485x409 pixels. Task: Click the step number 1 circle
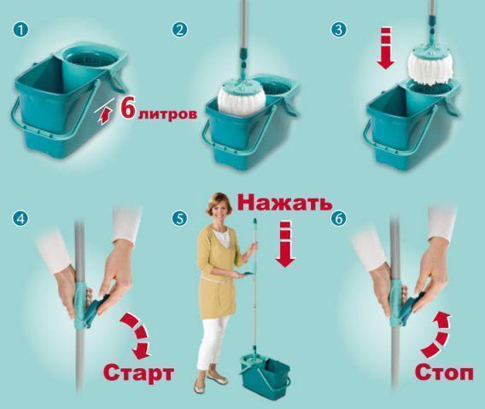(20, 31)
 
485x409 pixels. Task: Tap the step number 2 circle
(179, 31)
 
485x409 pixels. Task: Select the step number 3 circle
(338, 31)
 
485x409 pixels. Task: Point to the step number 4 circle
(20, 219)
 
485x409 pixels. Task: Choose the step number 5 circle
(179, 219)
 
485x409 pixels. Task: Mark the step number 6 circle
(338, 219)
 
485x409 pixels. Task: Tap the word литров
(167, 113)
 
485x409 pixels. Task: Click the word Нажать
(285, 203)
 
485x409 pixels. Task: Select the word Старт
(138, 372)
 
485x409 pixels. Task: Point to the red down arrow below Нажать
(285, 244)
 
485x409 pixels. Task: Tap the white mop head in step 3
(431, 67)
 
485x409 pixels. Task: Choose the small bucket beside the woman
(265, 374)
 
